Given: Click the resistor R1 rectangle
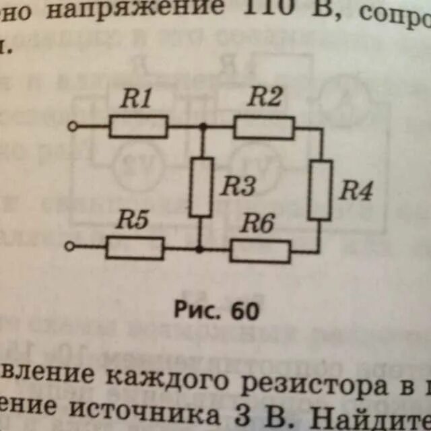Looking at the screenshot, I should [x=138, y=126].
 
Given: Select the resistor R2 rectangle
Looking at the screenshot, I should [x=264, y=127].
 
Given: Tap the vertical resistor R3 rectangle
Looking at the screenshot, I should [x=201, y=187].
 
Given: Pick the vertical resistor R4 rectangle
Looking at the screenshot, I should [x=320, y=190].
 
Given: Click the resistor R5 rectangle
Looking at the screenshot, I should [x=135, y=248].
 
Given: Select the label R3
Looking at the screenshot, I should [x=236, y=187].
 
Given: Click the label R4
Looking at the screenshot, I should [x=355, y=191].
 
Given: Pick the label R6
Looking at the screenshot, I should [x=258, y=224].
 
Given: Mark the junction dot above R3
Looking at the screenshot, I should [x=201, y=127].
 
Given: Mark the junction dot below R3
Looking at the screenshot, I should [x=200, y=248].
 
